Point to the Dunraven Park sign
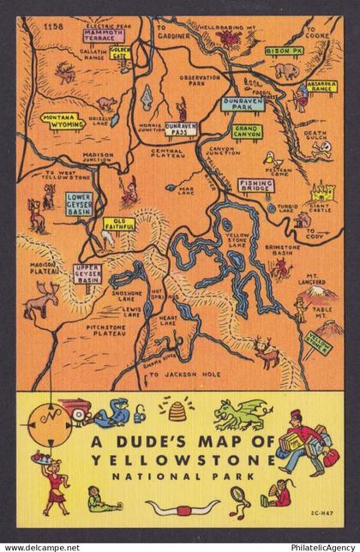pos(243,102)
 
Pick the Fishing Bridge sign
pos(256,184)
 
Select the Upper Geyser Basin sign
pos(87,273)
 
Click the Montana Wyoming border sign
pos(60,120)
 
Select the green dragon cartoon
pos(238,413)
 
